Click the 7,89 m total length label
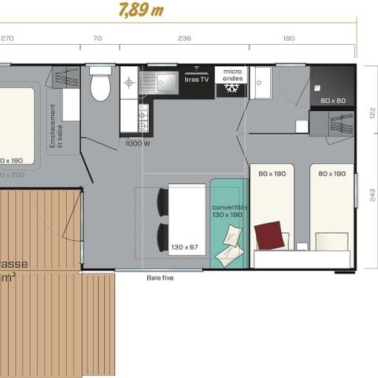coord(142,9)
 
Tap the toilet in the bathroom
coord(100,86)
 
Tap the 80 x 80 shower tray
coord(332,85)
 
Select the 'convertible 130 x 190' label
coord(229,211)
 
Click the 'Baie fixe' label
coord(159,277)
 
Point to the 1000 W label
coord(137,144)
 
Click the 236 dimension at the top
coord(185,38)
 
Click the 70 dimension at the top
coord(97,38)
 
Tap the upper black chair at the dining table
coord(162,202)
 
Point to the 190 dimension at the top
coord(288,38)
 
